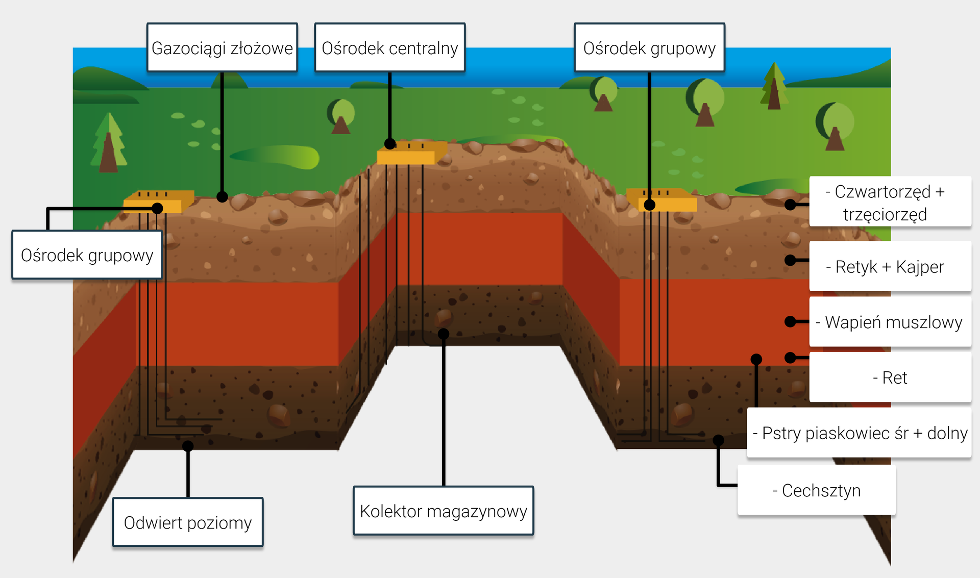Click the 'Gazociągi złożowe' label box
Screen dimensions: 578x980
(222, 47)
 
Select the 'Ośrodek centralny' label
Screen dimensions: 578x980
(390, 47)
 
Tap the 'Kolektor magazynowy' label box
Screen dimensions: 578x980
(443, 511)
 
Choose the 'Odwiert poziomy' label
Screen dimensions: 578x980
(188, 522)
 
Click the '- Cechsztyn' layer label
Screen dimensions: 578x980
(816, 490)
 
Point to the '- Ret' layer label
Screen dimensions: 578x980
(890, 378)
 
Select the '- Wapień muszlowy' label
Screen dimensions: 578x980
(890, 322)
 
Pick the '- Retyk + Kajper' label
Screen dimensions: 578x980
(890, 266)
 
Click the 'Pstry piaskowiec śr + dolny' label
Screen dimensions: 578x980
(860, 433)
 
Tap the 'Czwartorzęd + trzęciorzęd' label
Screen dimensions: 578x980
(890, 202)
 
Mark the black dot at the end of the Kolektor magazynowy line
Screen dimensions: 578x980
(444, 334)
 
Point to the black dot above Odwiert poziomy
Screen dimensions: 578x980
(188, 446)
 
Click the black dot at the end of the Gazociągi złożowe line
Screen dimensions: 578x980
(222, 196)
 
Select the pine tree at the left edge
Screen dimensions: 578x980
(108, 143)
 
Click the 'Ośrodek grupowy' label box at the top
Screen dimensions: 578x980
(649, 47)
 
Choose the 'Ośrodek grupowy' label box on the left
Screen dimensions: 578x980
(87, 255)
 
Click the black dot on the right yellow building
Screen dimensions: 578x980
(649, 205)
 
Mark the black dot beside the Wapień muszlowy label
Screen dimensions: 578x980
(790, 321)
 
